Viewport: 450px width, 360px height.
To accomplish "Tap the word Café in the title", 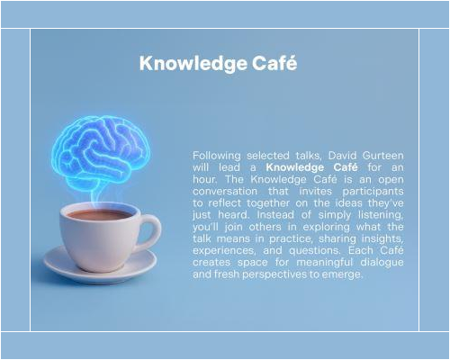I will pyautogui.click(x=276, y=64).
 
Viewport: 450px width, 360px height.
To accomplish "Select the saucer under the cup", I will pyautogui.click(x=99, y=265).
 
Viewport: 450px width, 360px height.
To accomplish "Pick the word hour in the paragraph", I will pyautogui.click(x=207, y=180).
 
